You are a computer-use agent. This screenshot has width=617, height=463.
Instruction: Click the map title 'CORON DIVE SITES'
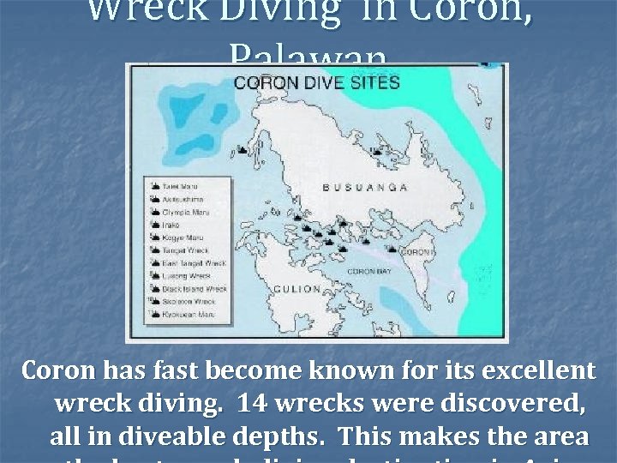pyautogui.click(x=316, y=83)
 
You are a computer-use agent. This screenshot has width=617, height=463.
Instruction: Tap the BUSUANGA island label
pyautogui.click(x=364, y=186)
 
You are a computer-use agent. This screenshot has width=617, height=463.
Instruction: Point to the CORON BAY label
pyautogui.click(x=368, y=270)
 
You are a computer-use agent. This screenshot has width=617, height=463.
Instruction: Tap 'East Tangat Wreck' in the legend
pyautogui.click(x=194, y=262)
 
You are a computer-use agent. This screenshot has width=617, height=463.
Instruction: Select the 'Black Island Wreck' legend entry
pyautogui.click(x=195, y=289)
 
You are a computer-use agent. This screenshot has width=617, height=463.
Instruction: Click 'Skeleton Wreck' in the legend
pyautogui.click(x=189, y=302)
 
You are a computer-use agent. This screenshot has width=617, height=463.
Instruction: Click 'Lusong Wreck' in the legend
pyautogui.click(x=186, y=275)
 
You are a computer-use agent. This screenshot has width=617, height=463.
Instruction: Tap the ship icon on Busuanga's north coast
pyautogui.click(x=375, y=151)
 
